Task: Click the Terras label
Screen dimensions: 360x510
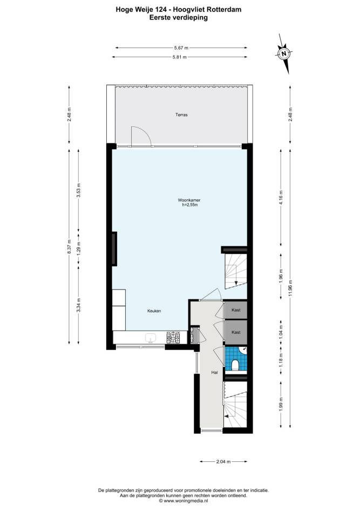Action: click(x=181, y=115)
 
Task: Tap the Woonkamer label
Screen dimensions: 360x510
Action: click(x=187, y=200)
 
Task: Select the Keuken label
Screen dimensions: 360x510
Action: click(x=154, y=311)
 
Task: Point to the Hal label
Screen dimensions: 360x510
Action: click(x=214, y=372)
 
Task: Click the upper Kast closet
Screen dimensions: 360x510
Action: click(x=236, y=310)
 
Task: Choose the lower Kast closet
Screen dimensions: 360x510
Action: click(x=236, y=332)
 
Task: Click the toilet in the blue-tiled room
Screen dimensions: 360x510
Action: click(x=235, y=365)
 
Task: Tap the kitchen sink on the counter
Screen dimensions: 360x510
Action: click(x=150, y=338)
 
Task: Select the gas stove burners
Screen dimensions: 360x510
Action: click(x=173, y=338)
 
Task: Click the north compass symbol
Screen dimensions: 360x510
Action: click(x=284, y=53)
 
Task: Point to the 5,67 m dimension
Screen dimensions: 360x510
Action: click(x=181, y=48)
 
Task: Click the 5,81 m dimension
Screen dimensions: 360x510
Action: click(x=180, y=57)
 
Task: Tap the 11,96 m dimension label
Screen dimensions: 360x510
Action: click(x=290, y=287)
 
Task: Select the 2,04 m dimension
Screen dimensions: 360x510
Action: click(x=223, y=461)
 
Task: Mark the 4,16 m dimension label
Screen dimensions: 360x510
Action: click(x=281, y=197)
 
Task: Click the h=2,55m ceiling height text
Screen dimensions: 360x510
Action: click(x=189, y=205)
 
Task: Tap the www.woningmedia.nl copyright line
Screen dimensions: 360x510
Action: click(x=184, y=501)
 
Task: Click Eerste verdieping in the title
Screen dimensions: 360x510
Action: click(x=178, y=18)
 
